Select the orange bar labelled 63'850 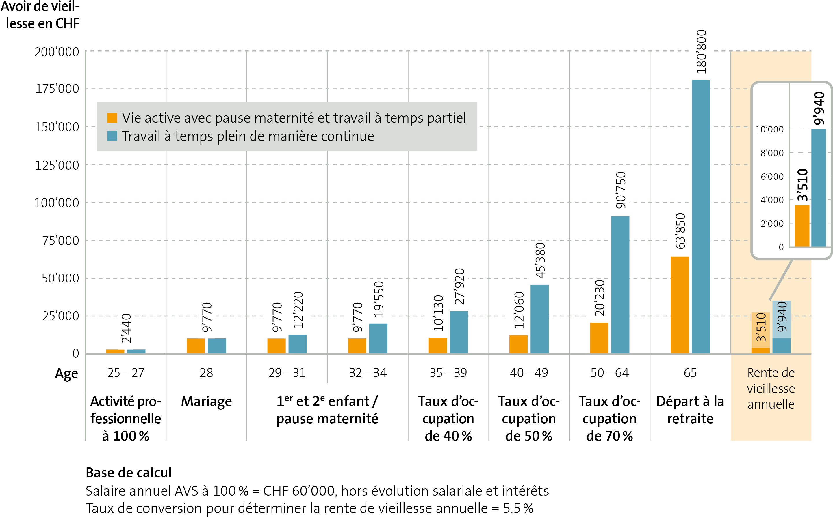(679, 305)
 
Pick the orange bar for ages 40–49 (518, 344)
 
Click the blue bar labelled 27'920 (459, 332)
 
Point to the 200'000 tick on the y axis (57, 52)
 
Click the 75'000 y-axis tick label (61, 241)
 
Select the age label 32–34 (368, 373)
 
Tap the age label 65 (690, 373)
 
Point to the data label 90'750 (621, 190)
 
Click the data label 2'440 (126, 328)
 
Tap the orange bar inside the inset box (802, 226)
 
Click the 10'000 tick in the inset (769, 130)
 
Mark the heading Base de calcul (128, 473)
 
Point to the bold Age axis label (66, 374)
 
